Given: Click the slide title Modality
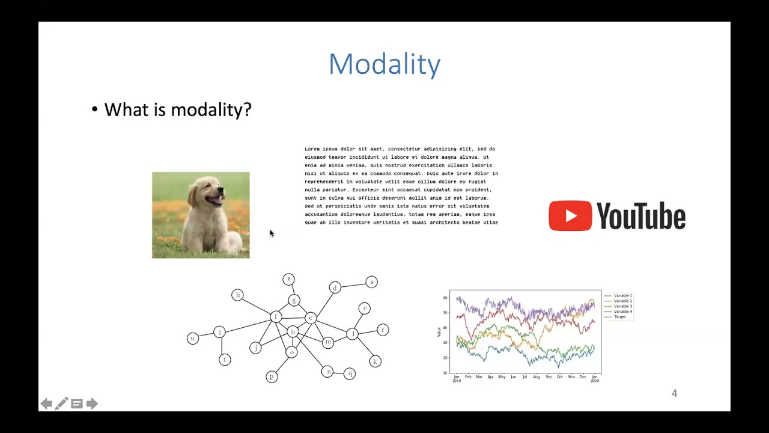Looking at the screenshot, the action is tap(384, 64).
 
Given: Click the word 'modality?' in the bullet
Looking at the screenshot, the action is tap(211, 110).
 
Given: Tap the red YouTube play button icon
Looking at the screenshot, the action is tap(570, 216).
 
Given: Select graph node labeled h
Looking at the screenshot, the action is tap(237, 295).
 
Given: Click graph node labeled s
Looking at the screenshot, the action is tap(371, 281).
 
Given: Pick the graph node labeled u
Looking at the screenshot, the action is tap(192, 339).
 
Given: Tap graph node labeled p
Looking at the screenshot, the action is tap(272, 377).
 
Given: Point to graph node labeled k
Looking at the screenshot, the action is tap(375, 361).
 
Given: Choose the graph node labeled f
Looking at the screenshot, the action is tap(276, 317).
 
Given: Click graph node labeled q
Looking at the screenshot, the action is tap(350, 373).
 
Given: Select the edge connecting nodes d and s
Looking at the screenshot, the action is tap(353, 284).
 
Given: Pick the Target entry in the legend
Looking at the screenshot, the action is tap(619, 317).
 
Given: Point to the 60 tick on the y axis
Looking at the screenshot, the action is tap(445, 298).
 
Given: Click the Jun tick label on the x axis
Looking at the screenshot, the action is tap(513, 377).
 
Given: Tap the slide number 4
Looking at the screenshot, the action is tap(674, 393).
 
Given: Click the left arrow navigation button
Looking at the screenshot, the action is tap(46, 404).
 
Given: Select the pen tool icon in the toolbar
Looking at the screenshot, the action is tap(61, 404).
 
